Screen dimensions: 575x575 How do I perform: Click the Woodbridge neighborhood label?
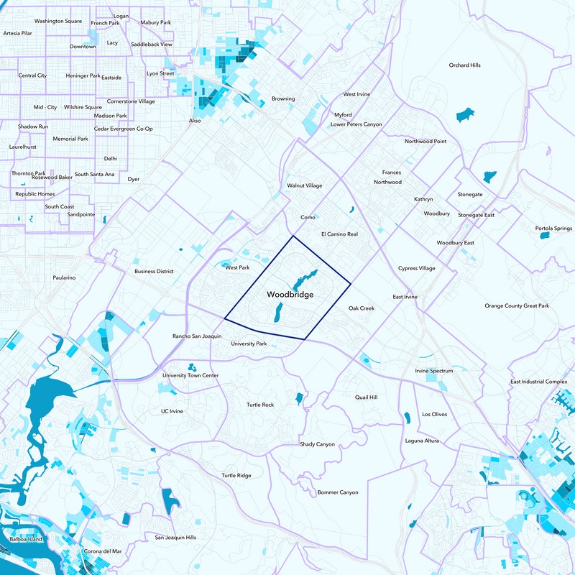click(x=290, y=295)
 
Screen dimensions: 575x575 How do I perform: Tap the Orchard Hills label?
click(x=464, y=65)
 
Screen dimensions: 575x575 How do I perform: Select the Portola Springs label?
click(x=553, y=229)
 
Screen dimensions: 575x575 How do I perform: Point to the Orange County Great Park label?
click(x=516, y=306)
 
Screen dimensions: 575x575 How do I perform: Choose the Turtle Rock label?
click(x=259, y=405)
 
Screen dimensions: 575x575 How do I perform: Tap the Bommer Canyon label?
click(x=338, y=492)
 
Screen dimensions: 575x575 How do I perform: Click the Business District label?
click(x=155, y=272)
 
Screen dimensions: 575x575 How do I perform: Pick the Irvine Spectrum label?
click(x=434, y=371)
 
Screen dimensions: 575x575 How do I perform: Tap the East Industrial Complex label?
click(x=539, y=382)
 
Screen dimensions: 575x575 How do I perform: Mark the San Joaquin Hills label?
click(x=175, y=537)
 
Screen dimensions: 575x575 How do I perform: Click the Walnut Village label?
click(x=305, y=185)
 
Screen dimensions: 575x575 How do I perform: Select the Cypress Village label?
click(x=417, y=268)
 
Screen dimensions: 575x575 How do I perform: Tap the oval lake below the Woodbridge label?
click(x=277, y=313)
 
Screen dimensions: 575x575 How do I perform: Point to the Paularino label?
click(x=64, y=277)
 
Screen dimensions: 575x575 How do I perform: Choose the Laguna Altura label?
click(x=422, y=441)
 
